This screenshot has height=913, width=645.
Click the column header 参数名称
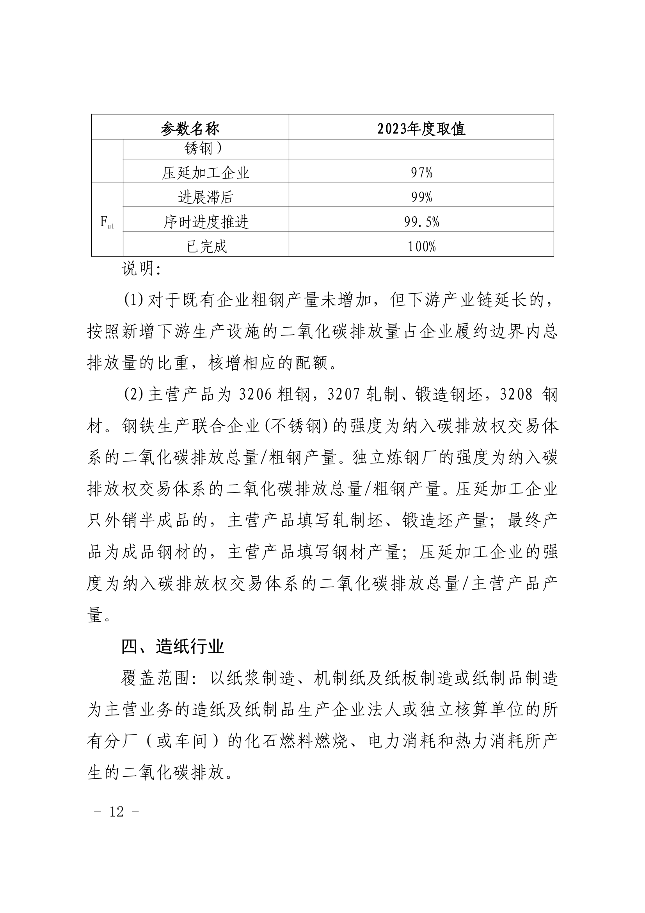coord(190,128)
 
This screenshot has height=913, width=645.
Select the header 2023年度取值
coord(421,128)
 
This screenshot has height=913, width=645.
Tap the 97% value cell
coord(421,173)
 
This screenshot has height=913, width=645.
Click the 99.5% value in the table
coord(421,222)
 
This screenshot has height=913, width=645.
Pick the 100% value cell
coord(421,246)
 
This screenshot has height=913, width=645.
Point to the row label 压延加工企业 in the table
coord(206,173)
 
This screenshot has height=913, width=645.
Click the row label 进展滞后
coord(206,197)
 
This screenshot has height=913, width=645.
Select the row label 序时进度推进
coord(206,222)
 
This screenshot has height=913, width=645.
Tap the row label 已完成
coord(206,246)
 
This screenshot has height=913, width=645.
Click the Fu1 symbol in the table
coord(107,221)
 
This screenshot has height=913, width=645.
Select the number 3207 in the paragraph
coord(344,395)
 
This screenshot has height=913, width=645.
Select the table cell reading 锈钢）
coord(203,149)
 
